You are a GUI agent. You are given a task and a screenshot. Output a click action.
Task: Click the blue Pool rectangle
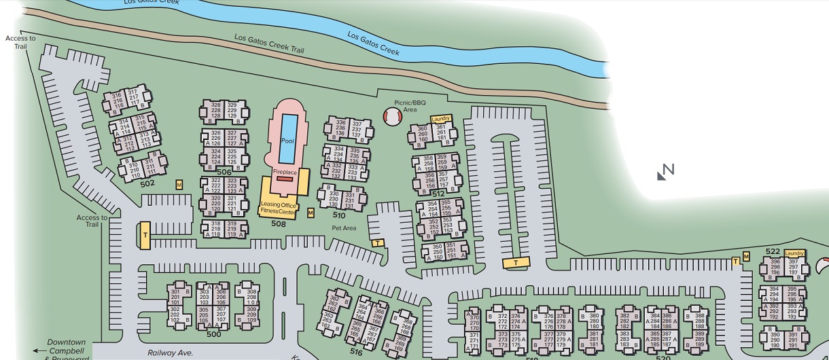(288, 139)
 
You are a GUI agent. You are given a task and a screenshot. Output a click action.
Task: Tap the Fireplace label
(285, 173)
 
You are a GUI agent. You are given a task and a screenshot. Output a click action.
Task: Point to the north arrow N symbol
(666, 172)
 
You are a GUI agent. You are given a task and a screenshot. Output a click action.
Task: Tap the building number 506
(224, 173)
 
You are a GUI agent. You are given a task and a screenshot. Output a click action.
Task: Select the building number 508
(278, 223)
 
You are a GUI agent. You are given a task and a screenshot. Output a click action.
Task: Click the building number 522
(773, 251)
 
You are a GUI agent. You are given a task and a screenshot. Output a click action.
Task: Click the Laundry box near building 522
(794, 253)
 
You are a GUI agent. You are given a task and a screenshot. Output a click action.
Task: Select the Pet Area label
(344, 228)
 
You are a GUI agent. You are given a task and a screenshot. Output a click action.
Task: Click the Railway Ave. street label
(171, 353)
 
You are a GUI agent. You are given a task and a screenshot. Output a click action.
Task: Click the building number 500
(213, 334)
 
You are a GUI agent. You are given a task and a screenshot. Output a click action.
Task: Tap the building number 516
(356, 352)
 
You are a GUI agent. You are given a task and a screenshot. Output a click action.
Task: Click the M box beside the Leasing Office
(311, 213)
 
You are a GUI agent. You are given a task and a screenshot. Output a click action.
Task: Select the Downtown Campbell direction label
(66, 346)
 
